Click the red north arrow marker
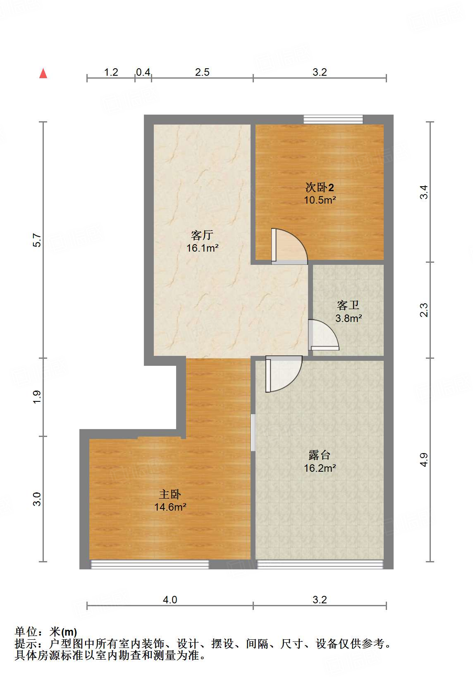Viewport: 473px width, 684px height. (43, 73)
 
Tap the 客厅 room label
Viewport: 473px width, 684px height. (202, 235)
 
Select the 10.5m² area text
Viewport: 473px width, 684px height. (320, 200)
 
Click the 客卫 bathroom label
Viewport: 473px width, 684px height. (348, 305)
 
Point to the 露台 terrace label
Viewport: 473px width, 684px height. (319, 455)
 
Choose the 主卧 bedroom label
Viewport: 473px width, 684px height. (170, 494)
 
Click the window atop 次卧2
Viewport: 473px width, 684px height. (333, 119)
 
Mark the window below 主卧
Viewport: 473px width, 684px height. (150, 564)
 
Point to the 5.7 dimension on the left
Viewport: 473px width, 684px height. (37, 240)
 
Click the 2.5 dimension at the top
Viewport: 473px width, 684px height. (202, 72)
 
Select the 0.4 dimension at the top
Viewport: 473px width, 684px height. (143, 72)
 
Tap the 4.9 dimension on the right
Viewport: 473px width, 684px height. (424, 460)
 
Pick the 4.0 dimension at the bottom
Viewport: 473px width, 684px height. (170, 600)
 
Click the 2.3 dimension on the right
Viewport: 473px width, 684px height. (424, 310)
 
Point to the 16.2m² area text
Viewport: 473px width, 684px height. (320, 468)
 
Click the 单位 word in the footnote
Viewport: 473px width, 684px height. (26, 632)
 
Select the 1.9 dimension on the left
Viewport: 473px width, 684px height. (37, 397)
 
